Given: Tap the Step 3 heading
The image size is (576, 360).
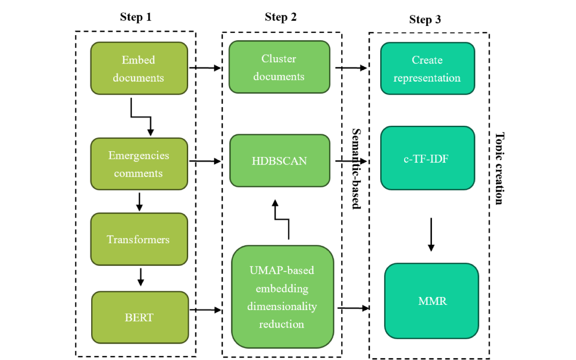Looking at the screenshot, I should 425,20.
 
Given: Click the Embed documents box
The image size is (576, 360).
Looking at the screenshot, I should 139,68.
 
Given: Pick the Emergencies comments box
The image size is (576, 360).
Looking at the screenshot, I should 139,164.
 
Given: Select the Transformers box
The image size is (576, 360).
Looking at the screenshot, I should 139,239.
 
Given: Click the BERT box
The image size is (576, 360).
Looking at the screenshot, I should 139,317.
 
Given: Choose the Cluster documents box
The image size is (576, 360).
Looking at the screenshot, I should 279,67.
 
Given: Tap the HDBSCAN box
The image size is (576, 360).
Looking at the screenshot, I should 280,161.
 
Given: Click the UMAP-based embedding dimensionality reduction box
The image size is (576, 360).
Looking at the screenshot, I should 282,297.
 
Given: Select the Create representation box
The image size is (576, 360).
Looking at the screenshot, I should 427,68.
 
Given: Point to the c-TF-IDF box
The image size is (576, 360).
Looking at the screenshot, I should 427,158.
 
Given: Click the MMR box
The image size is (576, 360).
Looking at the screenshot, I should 432,301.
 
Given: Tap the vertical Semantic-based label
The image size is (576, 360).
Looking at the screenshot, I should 356,168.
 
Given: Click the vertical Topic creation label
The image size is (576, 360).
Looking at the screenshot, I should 499,168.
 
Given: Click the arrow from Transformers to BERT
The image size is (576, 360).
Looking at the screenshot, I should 140,276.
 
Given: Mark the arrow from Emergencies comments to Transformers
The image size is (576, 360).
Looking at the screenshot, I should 139,202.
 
